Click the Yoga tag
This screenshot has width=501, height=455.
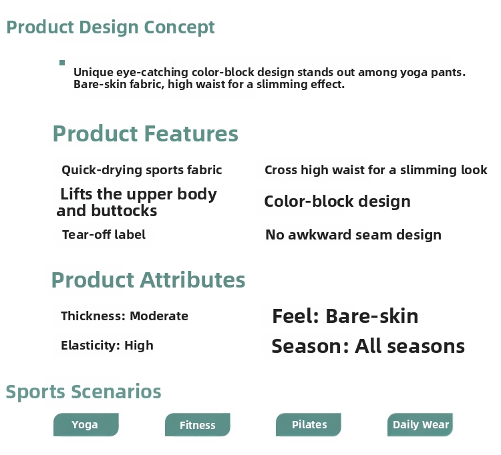click(x=86, y=425)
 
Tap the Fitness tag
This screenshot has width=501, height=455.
click(x=198, y=425)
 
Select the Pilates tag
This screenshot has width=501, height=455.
click(x=309, y=425)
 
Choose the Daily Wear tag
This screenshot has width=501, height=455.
click(x=420, y=425)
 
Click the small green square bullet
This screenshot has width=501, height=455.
click(x=62, y=63)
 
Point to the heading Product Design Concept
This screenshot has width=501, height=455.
click(x=110, y=27)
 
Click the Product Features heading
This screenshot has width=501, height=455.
click(x=146, y=133)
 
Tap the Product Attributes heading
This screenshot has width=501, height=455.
click(x=148, y=280)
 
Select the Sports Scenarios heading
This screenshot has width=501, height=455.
click(x=83, y=392)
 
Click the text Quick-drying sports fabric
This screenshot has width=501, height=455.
click(x=142, y=170)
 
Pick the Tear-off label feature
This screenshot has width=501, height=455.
click(x=104, y=235)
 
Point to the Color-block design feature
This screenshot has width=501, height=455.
click(x=337, y=201)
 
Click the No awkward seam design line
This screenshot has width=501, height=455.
click(x=353, y=235)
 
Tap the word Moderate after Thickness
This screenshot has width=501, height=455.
click(x=159, y=316)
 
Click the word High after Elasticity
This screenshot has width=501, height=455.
click(x=139, y=346)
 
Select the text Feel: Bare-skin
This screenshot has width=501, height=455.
click(x=345, y=316)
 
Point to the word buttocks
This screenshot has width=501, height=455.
click(x=124, y=211)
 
